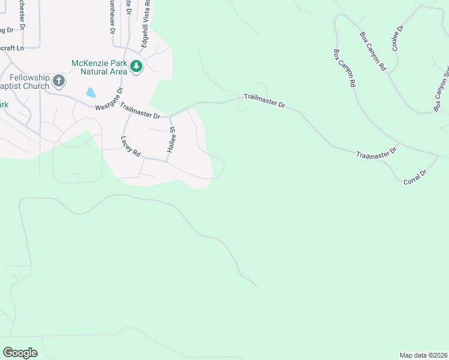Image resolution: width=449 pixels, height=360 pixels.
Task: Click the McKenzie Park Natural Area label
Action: pos(99,67)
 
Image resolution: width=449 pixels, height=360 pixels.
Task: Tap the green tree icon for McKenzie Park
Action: pos(136,67)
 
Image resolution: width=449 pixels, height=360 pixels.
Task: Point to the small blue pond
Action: pos(91,92)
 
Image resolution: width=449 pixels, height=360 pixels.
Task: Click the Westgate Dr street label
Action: pos(109,99)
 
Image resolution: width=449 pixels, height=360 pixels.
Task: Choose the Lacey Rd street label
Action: pos(130,146)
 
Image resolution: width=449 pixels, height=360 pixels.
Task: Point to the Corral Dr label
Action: pos(415,177)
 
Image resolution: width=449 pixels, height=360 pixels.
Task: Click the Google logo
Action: pos(20,353)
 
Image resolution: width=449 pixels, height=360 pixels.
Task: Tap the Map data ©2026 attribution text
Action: pos(423,355)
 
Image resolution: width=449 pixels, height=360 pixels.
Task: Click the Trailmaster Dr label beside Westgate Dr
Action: pos(140,111)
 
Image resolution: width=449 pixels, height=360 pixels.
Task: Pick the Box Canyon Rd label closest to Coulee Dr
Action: pos(373,52)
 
